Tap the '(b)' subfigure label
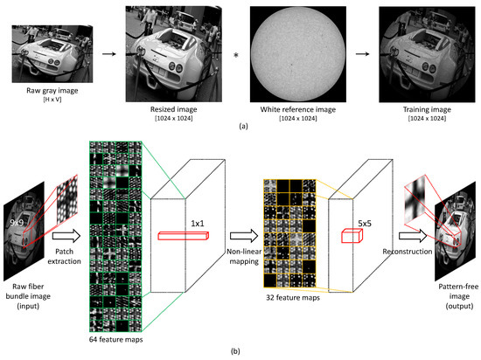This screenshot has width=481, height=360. (240, 350)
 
